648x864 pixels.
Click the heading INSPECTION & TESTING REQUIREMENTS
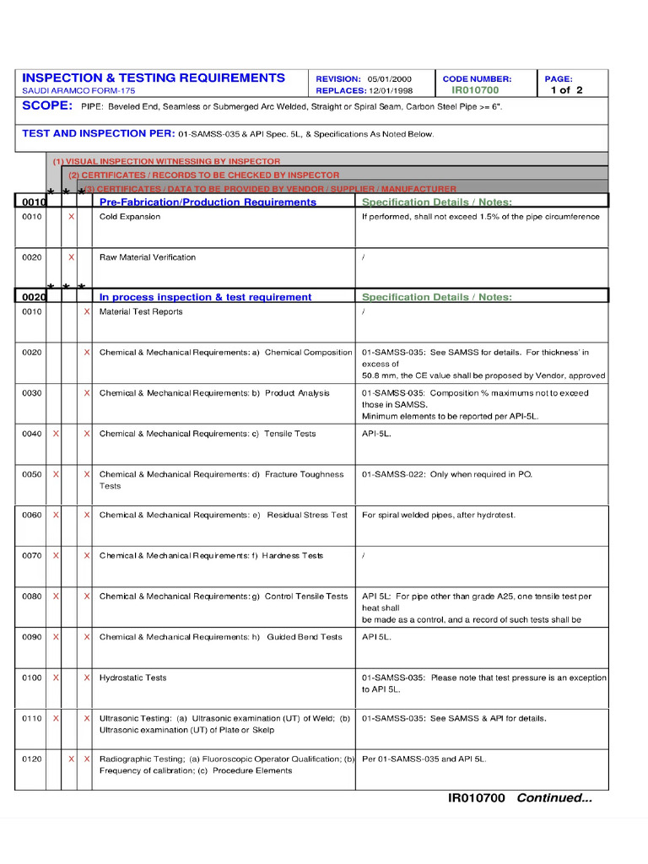click(x=154, y=78)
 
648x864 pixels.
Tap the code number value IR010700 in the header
click(x=475, y=90)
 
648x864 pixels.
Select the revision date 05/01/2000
click(x=390, y=78)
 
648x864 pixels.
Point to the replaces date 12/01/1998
click(x=391, y=90)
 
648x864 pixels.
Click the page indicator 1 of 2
click(x=566, y=90)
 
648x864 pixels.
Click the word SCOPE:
click(x=47, y=106)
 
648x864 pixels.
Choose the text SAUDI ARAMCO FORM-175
click(x=78, y=90)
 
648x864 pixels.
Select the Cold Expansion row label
click(x=130, y=217)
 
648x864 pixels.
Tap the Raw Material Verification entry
click(x=148, y=257)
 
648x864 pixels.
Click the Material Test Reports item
click(x=141, y=312)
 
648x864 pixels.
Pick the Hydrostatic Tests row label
click(x=133, y=678)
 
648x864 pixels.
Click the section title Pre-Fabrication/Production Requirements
click(x=208, y=202)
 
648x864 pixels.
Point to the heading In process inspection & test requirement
click(x=205, y=297)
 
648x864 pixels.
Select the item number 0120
click(x=31, y=759)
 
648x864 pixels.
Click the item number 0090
click(x=31, y=637)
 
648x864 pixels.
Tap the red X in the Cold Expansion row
click(x=71, y=217)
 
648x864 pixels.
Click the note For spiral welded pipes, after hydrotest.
click(x=439, y=515)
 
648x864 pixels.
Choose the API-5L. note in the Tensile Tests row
click(x=376, y=434)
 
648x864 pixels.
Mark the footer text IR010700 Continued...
click(x=520, y=798)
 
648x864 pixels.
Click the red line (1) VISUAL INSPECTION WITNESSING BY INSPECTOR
click(x=166, y=161)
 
